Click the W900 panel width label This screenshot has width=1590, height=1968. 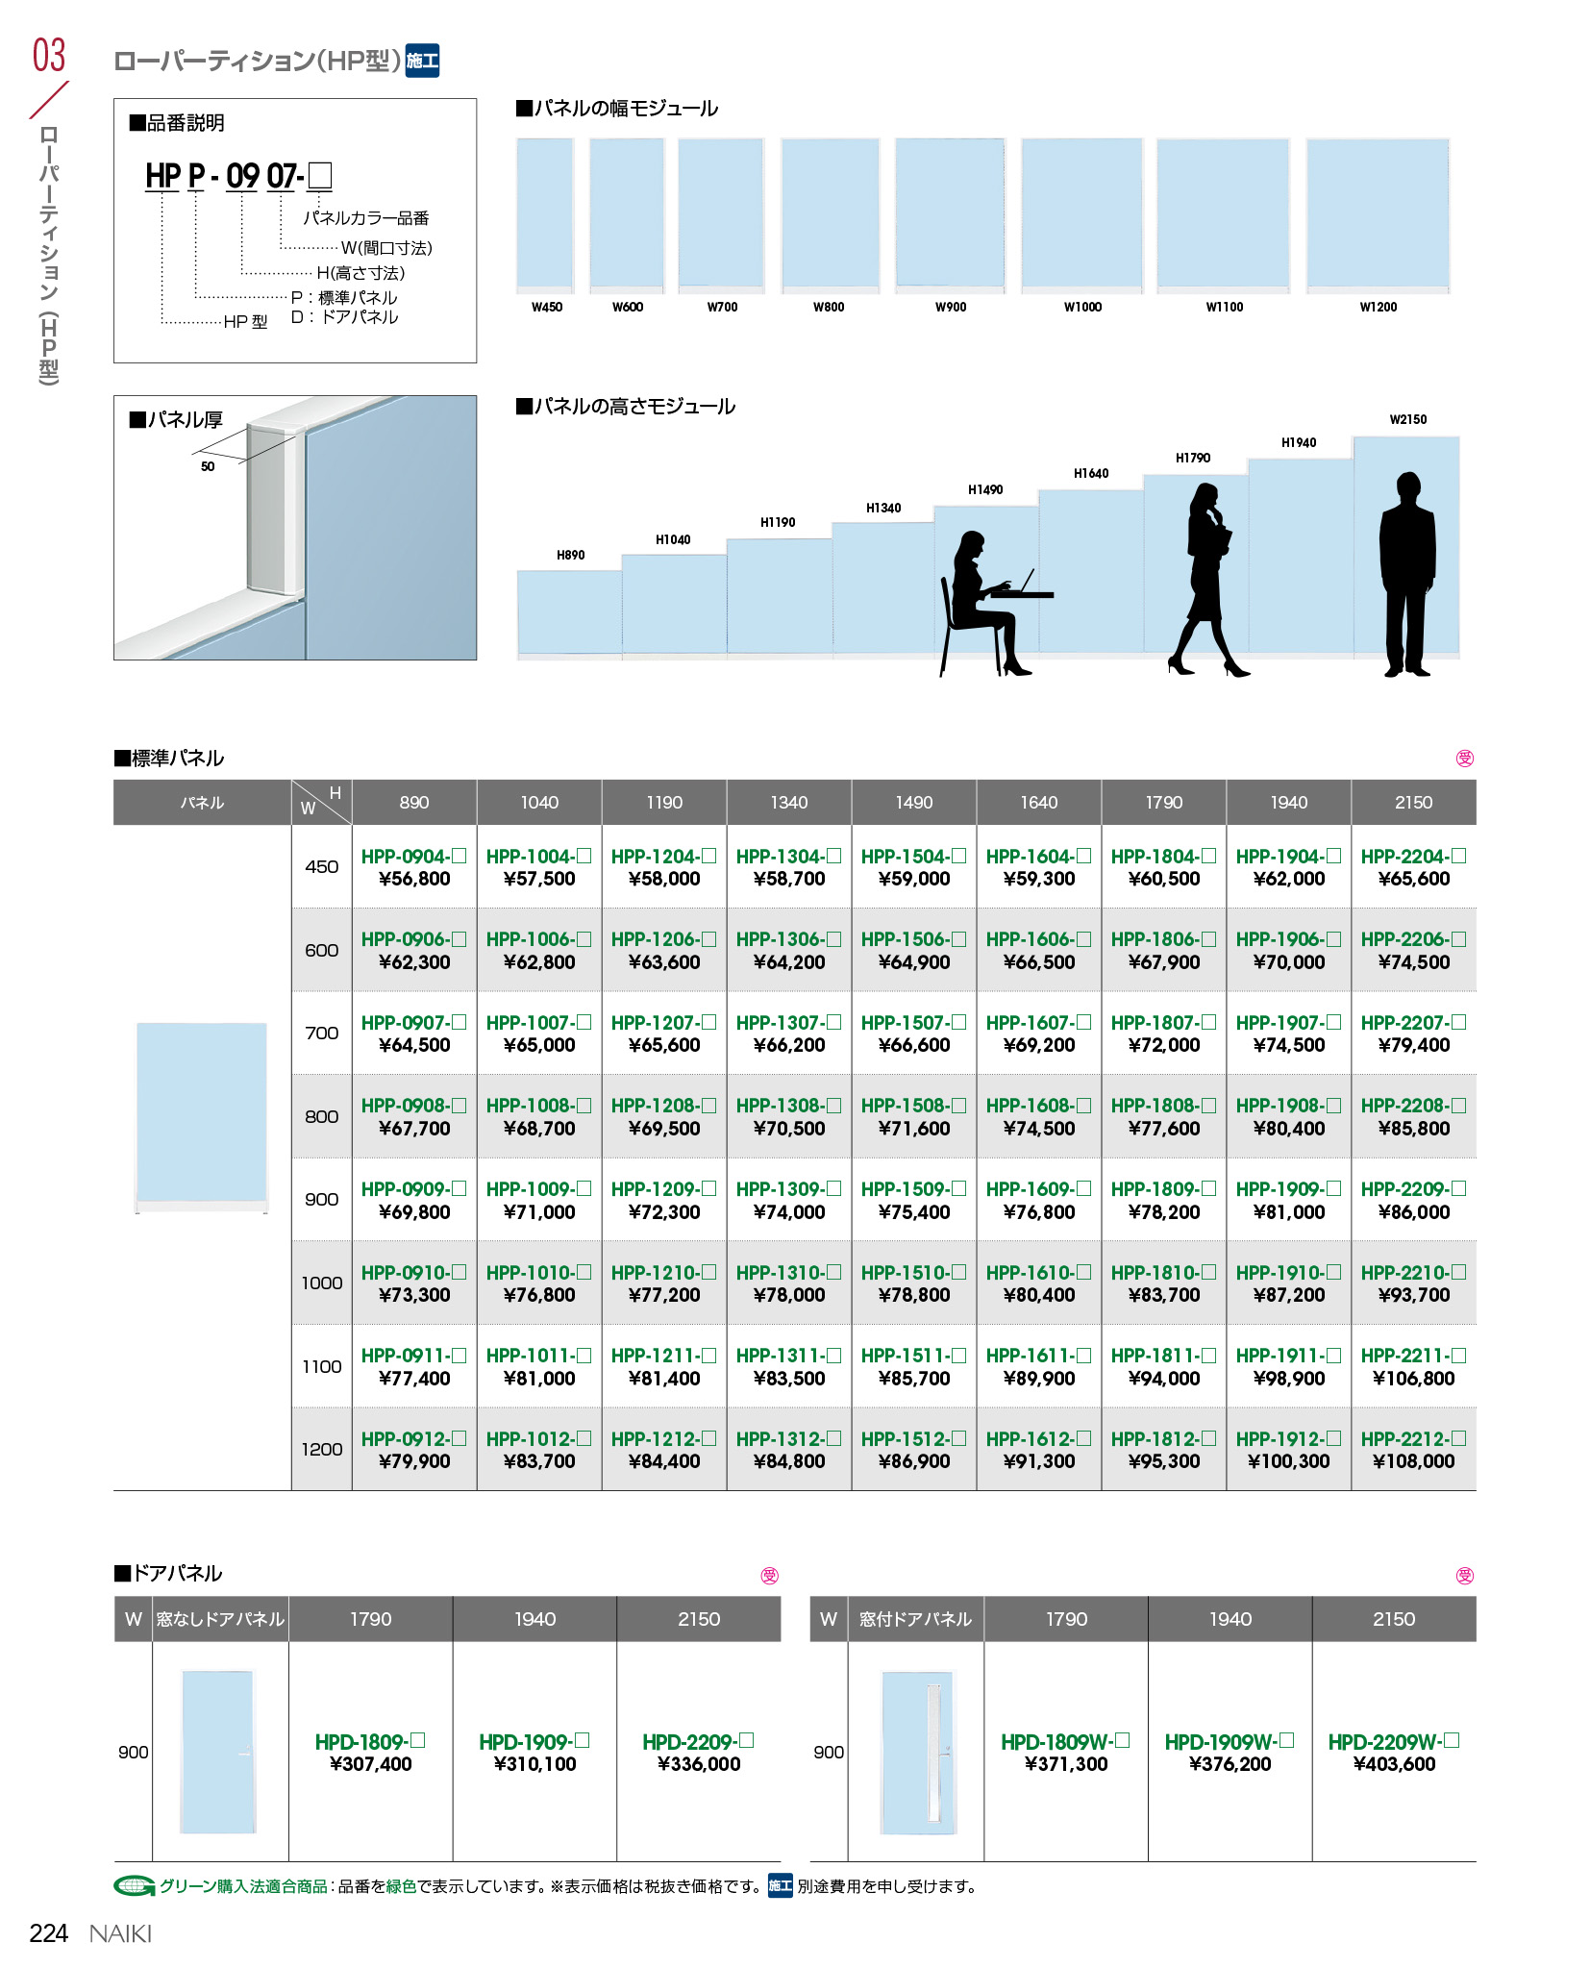coord(951,307)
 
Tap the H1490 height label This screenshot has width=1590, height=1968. coord(985,489)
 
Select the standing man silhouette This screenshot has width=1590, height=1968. coord(1407,575)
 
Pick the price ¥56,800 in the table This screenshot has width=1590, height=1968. coord(414,879)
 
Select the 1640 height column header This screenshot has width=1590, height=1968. coord(1038,803)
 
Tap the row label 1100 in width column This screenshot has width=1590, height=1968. coord(321,1366)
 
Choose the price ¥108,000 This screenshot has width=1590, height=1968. coord(1413,1461)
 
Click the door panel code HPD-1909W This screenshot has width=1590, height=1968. coord(1230,1742)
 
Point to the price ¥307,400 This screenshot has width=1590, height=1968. coord(370,1764)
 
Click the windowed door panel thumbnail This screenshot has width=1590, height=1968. coord(917,1752)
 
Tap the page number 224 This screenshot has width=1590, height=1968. coord(49,1933)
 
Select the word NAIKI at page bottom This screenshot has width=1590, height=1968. coord(120,1933)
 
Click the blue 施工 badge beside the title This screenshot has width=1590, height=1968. coord(422,61)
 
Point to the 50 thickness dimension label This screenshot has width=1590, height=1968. coord(208,466)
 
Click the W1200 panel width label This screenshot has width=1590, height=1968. coord(1378,307)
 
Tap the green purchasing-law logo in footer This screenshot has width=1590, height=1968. coord(134,1886)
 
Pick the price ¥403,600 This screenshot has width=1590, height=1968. coord(1394,1764)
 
